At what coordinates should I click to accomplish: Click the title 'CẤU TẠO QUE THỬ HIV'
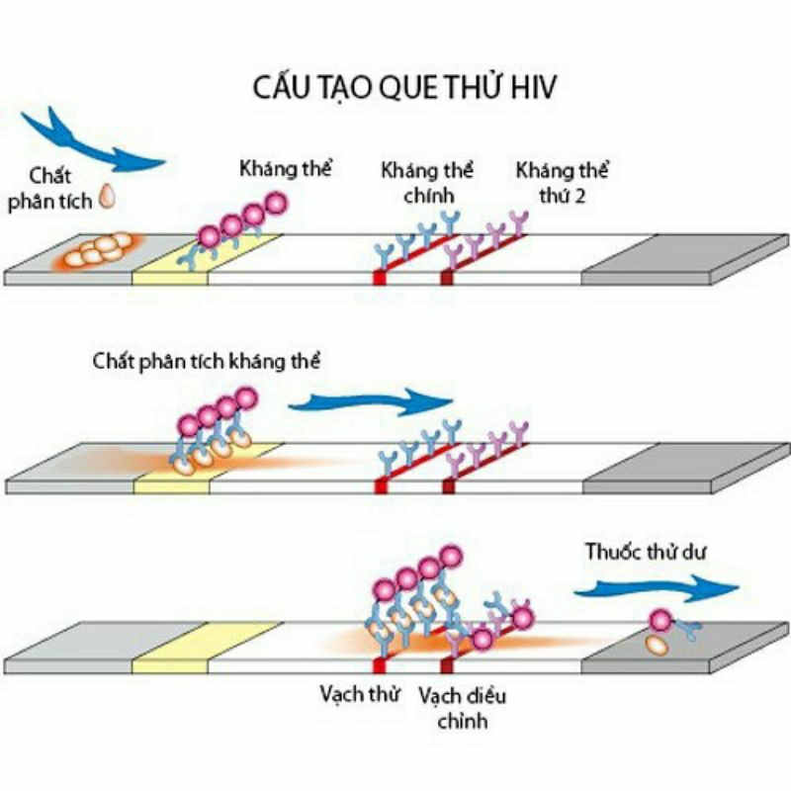(404, 87)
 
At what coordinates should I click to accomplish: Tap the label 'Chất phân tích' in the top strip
(49, 189)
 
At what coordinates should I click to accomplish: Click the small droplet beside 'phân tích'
(107, 196)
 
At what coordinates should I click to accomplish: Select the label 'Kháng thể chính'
(427, 182)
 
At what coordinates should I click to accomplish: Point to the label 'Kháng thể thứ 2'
(562, 182)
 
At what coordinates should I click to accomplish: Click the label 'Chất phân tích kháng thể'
(207, 361)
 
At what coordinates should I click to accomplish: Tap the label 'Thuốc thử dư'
(646, 551)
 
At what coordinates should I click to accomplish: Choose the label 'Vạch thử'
(360, 694)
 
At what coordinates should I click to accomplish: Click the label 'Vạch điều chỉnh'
(462, 708)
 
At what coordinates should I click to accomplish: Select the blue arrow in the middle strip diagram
(371, 401)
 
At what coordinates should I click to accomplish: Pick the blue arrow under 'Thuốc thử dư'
(656, 587)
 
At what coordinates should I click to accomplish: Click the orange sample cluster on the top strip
(97, 251)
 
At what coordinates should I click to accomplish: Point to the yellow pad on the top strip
(207, 257)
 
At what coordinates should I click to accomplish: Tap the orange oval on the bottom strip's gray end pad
(658, 646)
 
